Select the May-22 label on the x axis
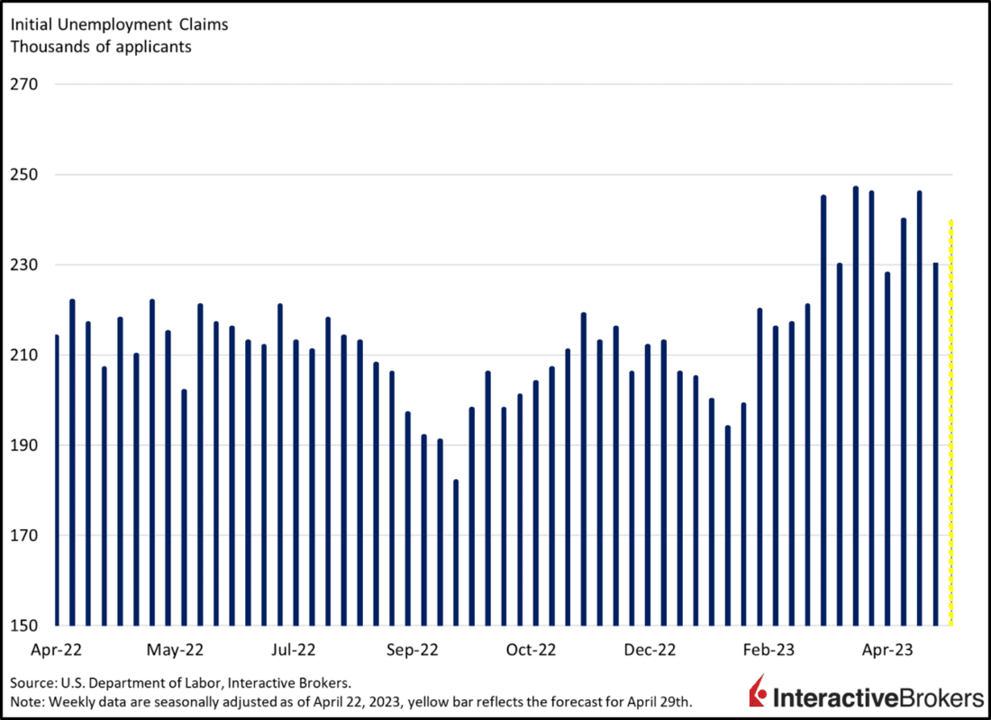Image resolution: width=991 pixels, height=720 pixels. click(x=175, y=649)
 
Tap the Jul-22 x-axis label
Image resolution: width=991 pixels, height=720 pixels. click(x=294, y=649)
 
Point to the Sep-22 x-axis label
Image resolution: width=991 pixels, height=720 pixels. click(x=413, y=649)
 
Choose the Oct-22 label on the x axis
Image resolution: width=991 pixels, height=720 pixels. click(x=532, y=649)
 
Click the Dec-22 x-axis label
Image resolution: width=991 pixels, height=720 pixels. click(x=650, y=649)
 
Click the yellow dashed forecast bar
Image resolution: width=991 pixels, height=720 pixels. click(x=951, y=423)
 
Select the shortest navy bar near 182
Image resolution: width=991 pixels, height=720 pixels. click(x=456, y=553)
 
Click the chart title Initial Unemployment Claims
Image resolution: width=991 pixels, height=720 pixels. click(x=119, y=24)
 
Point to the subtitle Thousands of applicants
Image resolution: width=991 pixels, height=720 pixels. click(x=101, y=46)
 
